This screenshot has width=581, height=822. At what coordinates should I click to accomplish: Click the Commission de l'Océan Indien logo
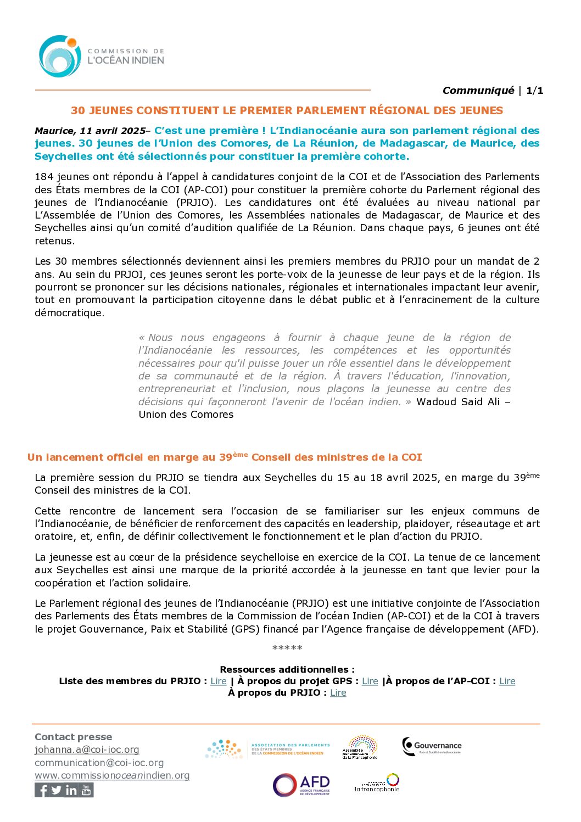click(101, 56)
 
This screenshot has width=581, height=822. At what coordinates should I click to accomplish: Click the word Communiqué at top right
click(478, 91)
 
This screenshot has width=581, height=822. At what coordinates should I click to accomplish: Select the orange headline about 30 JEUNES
click(287, 110)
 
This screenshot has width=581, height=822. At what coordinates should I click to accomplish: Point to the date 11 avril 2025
click(113, 131)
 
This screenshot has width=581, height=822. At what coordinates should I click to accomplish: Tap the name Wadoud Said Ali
click(458, 402)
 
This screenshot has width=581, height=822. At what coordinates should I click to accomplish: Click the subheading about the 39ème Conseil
click(225, 457)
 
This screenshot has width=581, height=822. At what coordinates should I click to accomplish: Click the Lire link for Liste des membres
click(219, 681)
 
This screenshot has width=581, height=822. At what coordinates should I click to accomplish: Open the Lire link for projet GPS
click(370, 681)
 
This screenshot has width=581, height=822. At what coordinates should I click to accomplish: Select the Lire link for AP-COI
click(507, 681)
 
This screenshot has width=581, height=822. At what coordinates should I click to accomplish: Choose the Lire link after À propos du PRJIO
click(338, 693)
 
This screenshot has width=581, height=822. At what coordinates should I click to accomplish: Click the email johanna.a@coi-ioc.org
click(87, 750)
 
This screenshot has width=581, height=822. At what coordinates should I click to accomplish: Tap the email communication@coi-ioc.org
click(99, 763)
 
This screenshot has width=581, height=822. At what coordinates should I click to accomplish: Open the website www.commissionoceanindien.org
click(112, 775)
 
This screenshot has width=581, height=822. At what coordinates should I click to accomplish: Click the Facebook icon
click(42, 790)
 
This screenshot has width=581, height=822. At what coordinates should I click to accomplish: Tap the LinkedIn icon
click(71, 790)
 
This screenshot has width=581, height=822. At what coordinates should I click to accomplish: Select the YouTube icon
click(86, 790)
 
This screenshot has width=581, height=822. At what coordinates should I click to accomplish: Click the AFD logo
click(301, 785)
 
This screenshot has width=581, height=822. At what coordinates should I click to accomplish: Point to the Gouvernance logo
click(432, 746)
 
